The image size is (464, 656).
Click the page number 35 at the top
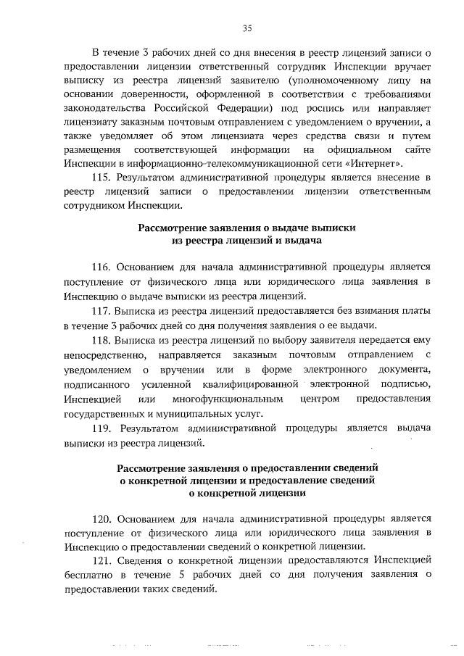246,29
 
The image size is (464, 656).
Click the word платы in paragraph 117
417,310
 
